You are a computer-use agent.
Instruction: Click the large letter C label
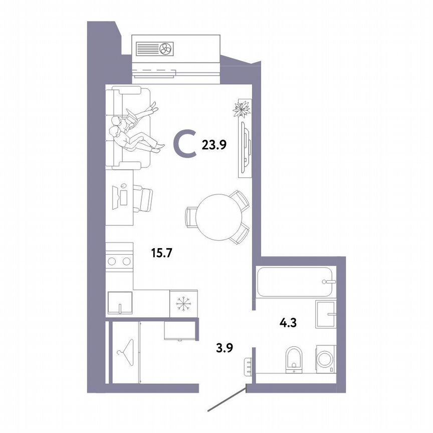pyautogui.click(x=185, y=144)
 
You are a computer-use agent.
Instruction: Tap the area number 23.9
pyautogui.click(x=214, y=145)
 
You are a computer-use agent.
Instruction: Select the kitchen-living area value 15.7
pyautogui.click(x=162, y=254)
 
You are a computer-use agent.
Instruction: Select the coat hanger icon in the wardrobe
pyautogui.click(x=125, y=349)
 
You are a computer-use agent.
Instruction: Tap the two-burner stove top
pyautogui.click(x=120, y=261)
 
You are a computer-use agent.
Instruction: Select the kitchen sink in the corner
pyautogui.click(x=121, y=302)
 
